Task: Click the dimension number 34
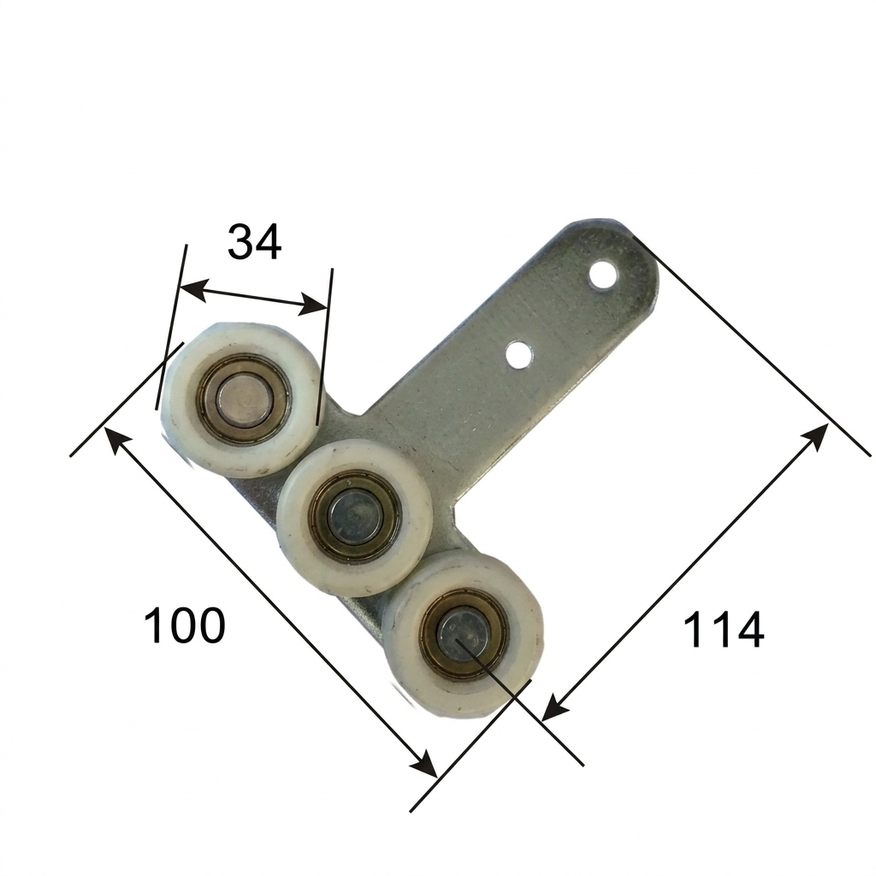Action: pos(254,242)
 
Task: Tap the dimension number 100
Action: pos(185,624)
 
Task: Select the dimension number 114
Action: pos(723,630)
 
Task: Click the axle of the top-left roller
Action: pos(244,397)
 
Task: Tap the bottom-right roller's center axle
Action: pos(464,634)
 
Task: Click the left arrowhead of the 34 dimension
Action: pos(192,289)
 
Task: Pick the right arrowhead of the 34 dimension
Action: pos(311,304)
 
